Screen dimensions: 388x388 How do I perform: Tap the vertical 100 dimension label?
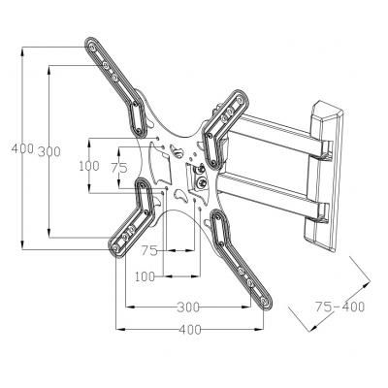(89, 166)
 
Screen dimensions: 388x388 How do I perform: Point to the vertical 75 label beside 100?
(119, 166)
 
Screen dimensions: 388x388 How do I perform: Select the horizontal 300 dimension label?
(190, 307)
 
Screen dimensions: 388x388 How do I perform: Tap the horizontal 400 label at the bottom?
(190, 330)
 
